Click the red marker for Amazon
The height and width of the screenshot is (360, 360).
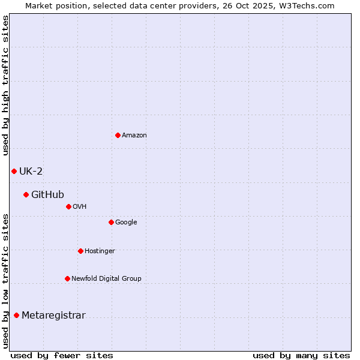pos(118,135)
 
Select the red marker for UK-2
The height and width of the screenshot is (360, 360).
pos(14,171)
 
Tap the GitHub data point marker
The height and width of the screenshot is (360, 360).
pos(26,194)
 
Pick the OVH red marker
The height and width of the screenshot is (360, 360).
pos(68,206)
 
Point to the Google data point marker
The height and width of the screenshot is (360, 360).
pos(111,222)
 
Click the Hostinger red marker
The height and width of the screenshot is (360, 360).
pos(80,251)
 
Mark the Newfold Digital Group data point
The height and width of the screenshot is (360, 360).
pos(67,278)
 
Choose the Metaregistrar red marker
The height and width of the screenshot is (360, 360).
pos(16,316)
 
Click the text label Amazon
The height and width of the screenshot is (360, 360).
pos(134,136)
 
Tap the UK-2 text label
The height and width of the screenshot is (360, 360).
pos(31,172)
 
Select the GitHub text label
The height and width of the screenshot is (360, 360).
pos(47,195)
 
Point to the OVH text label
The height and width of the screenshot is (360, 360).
pos(80,207)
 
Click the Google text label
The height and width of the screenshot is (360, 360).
pos(126,223)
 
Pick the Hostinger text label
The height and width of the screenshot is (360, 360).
pos(100,251)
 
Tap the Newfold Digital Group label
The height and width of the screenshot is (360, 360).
pos(106,279)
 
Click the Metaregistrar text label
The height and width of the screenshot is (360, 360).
pos(53,316)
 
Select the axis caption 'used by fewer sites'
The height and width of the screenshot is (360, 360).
pos(61,355)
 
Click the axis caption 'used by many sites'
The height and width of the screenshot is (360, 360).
pos(301,355)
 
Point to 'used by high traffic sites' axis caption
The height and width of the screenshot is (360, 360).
pos(6,85)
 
